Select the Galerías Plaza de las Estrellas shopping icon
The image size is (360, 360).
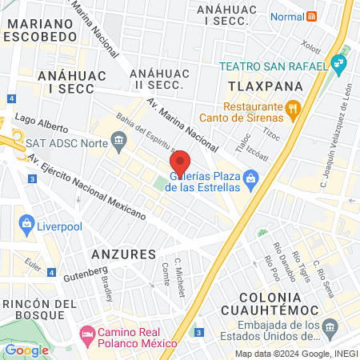click(251, 178)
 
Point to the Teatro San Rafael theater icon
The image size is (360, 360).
click(340, 62)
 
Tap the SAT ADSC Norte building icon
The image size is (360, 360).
click(118, 142)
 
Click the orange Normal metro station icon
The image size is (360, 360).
click(312, 16)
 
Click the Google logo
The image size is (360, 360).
click(26, 350)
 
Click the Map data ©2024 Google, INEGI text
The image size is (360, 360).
click(295, 354)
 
